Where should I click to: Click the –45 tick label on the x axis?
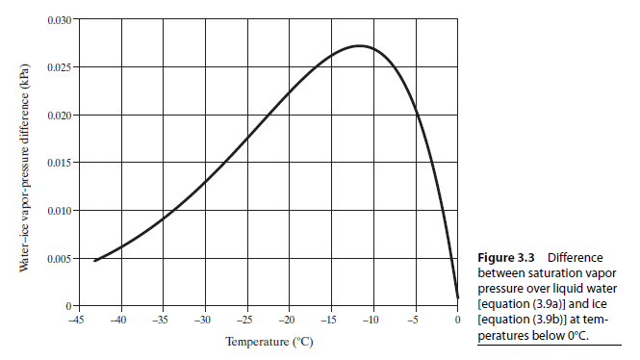(x=73, y=319)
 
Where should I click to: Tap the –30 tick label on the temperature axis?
(x=202, y=319)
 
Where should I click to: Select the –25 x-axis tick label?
(x=244, y=319)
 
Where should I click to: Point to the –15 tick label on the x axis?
(x=329, y=319)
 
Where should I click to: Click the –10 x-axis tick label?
(x=371, y=319)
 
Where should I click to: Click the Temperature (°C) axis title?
(x=269, y=342)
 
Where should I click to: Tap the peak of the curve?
(x=358, y=46)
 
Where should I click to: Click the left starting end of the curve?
(x=94, y=261)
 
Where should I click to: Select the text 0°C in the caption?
(x=574, y=335)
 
